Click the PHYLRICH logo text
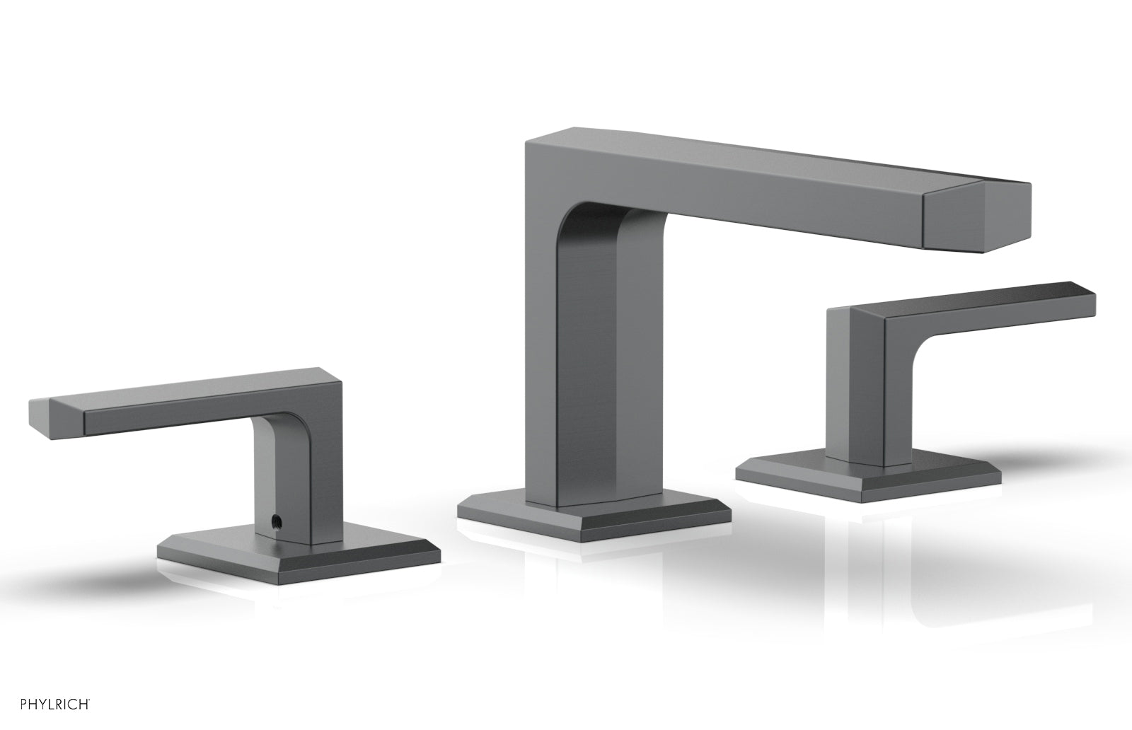click(55, 705)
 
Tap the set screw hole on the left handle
click(275, 518)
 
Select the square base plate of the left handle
click(298, 553)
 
